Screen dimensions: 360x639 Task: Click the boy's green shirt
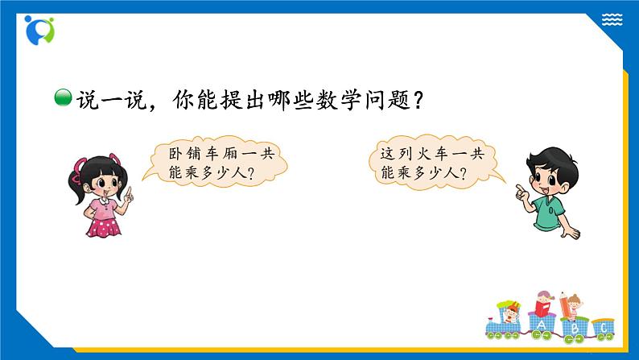[546, 212]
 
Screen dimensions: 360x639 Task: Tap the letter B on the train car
[574, 329]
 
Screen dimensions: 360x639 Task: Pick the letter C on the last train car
[604, 329]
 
